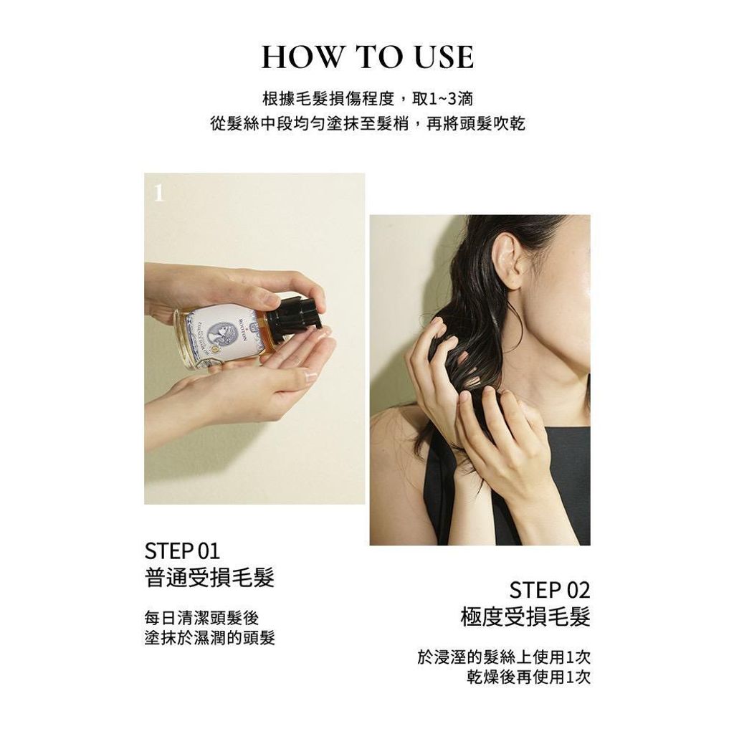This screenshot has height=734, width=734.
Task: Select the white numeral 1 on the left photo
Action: pyautogui.click(x=159, y=192)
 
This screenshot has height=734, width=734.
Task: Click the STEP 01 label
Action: pyautogui.click(x=182, y=551)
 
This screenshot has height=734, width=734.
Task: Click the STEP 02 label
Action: pyautogui.click(x=550, y=591)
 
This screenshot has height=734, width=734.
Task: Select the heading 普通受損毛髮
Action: pyautogui.click(x=209, y=577)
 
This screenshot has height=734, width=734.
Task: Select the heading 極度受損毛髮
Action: pyautogui.click(x=525, y=616)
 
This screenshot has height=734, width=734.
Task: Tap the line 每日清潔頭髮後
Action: pyautogui.click(x=201, y=618)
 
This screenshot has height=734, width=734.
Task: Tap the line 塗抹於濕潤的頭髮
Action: pyautogui.click(x=210, y=637)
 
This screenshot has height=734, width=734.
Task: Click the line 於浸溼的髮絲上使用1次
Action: pyautogui.click(x=504, y=657)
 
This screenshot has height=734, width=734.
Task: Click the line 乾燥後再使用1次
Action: pyautogui.click(x=528, y=677)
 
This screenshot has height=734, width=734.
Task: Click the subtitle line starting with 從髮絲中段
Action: pyautogui.click(x=368, y=123)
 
